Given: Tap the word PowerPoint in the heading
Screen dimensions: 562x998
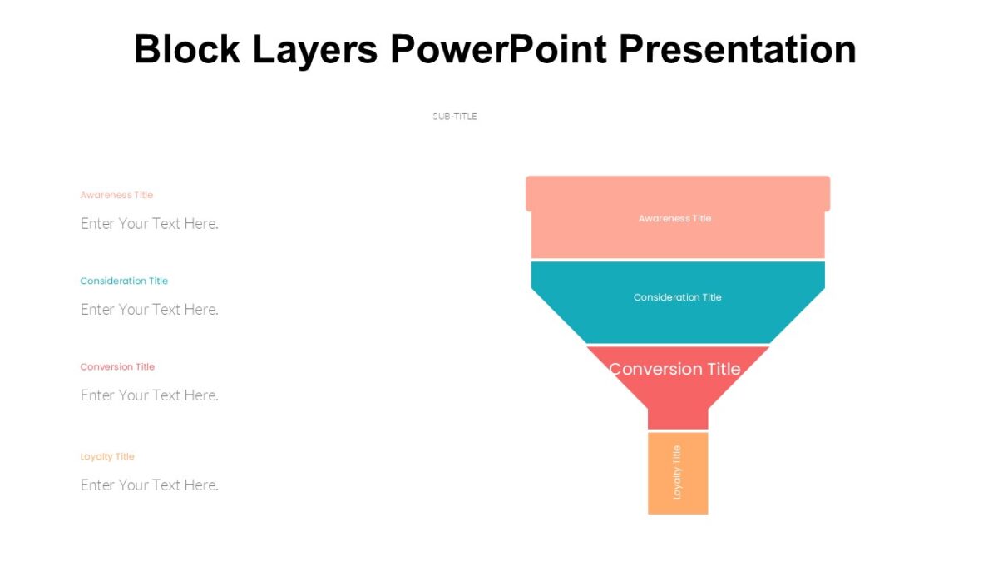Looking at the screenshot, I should tap(499, 50).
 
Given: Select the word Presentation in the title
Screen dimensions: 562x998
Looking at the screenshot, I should tap(738, 50).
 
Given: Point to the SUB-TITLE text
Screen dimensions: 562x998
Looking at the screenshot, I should tap(455, 117).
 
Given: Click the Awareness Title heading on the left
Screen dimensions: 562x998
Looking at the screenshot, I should tap(116, 195).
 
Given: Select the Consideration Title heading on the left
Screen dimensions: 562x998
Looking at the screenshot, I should tap(124, 281).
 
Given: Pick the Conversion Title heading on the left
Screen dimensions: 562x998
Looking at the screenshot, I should tap(117, 366).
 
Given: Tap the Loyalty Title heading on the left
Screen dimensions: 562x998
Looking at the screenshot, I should tap(107, 456).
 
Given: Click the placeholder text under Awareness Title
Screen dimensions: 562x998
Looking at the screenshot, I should tap(150, 223).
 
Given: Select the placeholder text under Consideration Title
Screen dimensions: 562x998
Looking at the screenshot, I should tap(150, 309).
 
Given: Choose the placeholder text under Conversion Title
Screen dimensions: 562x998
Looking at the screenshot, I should tap(150, 395).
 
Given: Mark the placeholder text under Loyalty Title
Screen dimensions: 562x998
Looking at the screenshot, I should tap(150, 485).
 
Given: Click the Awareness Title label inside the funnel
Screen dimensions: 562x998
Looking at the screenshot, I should tap(674, 218).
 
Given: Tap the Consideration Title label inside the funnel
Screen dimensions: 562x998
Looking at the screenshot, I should tap(677, 297).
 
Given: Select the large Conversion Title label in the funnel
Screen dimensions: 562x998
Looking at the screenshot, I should tap(674, 369).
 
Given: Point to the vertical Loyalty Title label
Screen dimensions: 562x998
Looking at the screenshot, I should tap(677, 472).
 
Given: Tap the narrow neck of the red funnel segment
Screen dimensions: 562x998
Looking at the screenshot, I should tap(678, 416).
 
